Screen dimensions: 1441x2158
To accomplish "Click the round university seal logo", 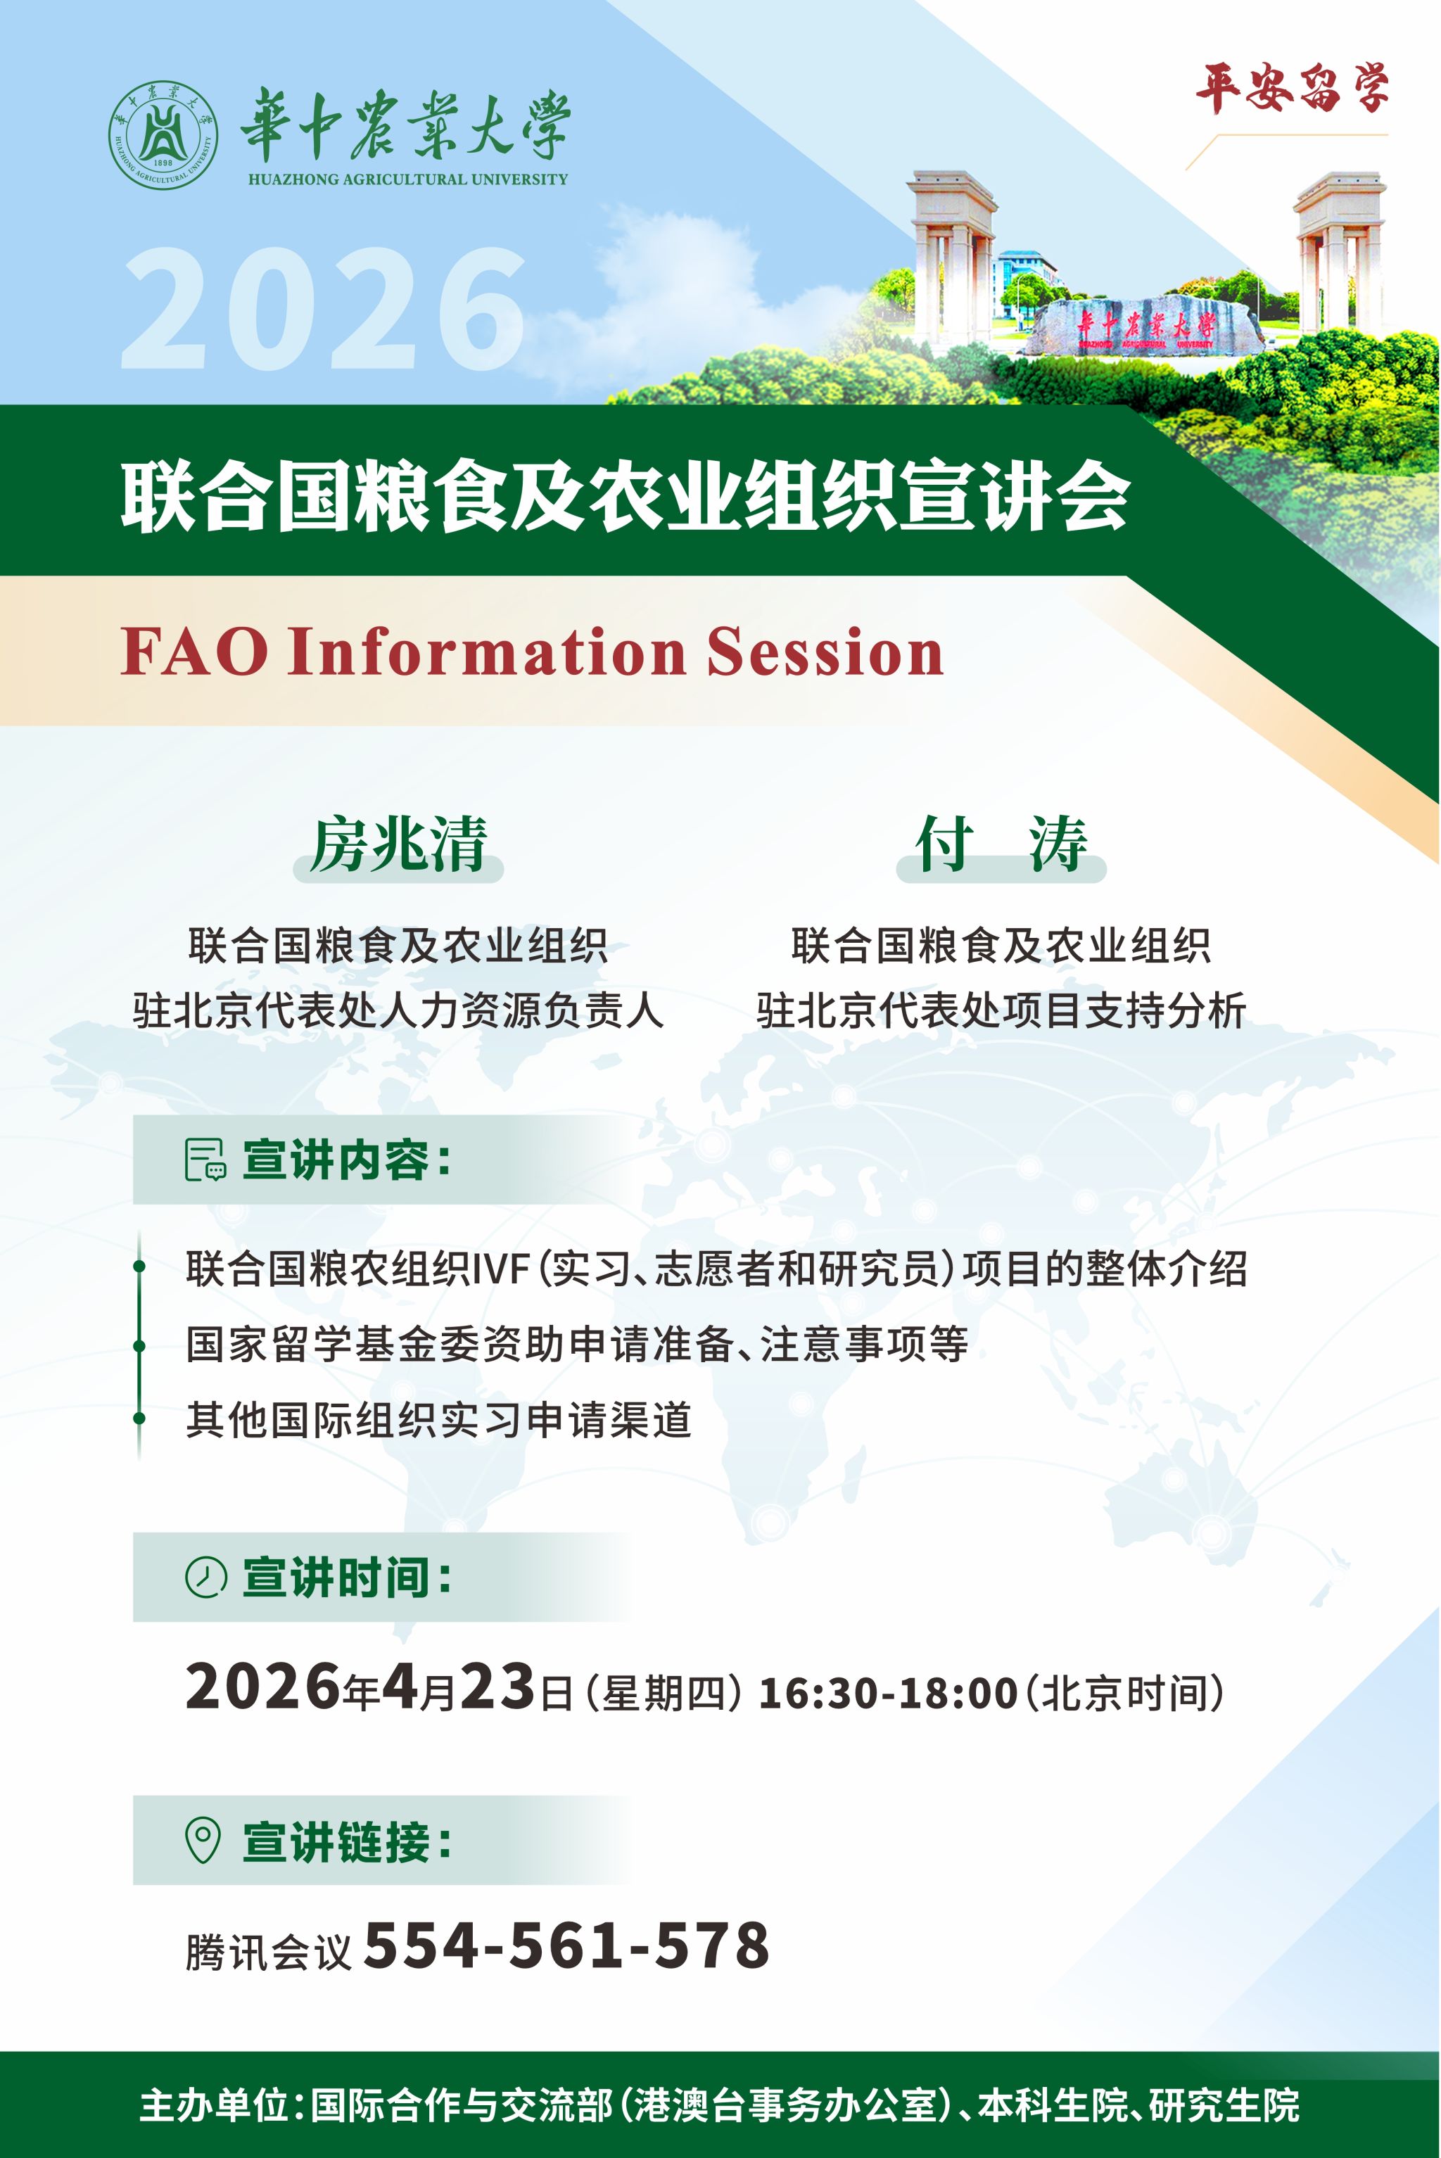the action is pos(163,135).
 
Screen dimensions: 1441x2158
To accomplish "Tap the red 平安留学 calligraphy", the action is pos(1292,89).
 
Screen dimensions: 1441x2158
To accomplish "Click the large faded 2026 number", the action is pos(324,309).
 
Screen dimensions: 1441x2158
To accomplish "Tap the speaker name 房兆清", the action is pos(398,844).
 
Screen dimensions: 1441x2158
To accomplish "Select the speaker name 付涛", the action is pos(1001,844).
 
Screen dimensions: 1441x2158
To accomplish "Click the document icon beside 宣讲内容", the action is pos(205,1159).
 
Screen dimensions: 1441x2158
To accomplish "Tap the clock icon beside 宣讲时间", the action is pos(206,1577).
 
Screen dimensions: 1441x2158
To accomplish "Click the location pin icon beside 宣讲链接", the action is pos(203,1840).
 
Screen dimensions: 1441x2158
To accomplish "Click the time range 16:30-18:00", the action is pos(888,1693).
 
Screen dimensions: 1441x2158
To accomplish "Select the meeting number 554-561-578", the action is pos(567,1945).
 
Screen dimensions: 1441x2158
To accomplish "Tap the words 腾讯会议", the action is pos(269,1951).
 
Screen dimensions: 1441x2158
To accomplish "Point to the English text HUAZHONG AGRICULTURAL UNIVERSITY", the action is pos(408,179).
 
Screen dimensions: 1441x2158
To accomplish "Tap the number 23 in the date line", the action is pos(497,1687).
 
